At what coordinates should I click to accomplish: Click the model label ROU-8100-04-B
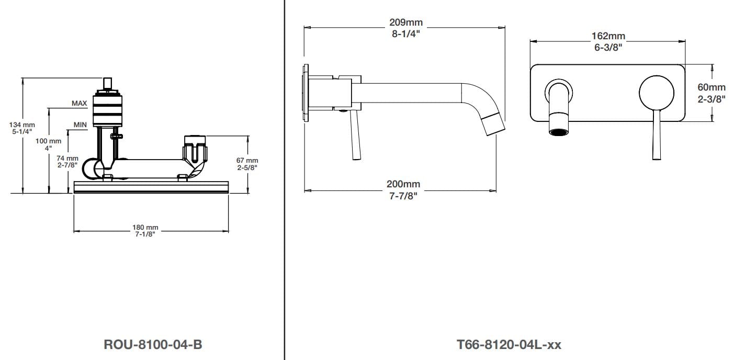(153, 344)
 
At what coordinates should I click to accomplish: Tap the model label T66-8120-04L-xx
(509, 345)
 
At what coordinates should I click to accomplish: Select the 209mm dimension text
(406, 22)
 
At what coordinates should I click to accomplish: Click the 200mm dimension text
(403, 184)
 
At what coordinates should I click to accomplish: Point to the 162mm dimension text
(608, 36)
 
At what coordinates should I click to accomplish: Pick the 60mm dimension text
(712, 87)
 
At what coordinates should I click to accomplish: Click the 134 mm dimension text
(22, 125)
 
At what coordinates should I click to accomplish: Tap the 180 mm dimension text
(145, 227)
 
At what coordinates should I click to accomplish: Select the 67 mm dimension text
(247, 160)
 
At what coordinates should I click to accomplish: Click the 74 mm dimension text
(67, 159)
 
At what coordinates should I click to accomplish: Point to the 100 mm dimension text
(49, 141)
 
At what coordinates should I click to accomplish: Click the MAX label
(80, 103)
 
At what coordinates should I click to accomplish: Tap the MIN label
(80, 125)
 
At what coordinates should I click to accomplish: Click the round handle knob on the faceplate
(657, 93)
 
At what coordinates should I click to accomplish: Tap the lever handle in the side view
(356, 135)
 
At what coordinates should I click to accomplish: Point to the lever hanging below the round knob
(657, 135)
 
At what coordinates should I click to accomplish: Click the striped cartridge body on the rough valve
(107, 110)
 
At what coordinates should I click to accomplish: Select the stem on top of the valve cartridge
(107, 83)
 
